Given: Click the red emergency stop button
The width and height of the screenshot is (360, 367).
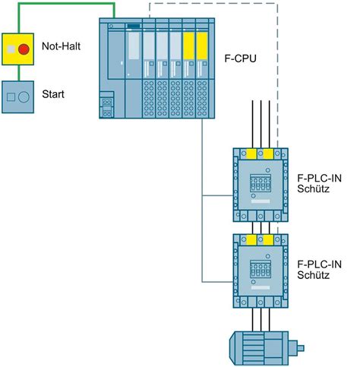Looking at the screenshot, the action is pyautogui.click(x=24, y=49).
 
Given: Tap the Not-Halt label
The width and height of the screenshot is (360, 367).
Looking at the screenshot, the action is pyautogui.click(x=61, y=46).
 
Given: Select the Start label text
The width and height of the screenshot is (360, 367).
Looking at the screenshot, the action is pyautogui.click(x=53, y=94).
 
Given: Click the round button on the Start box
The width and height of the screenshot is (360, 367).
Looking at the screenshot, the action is pyautogui.click(x=24, y=97).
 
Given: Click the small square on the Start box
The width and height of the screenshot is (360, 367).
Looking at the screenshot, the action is pyautogui.click(x=11, y=97).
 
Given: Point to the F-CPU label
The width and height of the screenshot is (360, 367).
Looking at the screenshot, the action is pyautogui.click(x=241, y=59).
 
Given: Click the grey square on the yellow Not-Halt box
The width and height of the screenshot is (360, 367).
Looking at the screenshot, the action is pyautogui.click(x=11, y=49).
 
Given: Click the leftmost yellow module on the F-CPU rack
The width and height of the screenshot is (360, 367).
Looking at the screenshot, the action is pyautogui.click(x=188, y=46).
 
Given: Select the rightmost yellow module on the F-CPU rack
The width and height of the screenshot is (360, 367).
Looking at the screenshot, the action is pyautogui.click(x=202, y=46).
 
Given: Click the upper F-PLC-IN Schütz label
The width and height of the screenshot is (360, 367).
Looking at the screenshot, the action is pyautogui.click(x=319, y=184).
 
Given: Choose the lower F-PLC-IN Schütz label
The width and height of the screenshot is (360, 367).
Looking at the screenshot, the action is pyautogui.click(x=319, y=270).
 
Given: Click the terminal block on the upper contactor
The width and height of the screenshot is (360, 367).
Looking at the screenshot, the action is pyautogui.click(x=261, y=183).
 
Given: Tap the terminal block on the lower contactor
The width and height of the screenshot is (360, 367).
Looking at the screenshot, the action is pyautogui.click(x=261, y=269).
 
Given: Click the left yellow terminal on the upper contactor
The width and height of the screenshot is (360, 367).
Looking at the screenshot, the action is pyautogui.click(x=251, y=153).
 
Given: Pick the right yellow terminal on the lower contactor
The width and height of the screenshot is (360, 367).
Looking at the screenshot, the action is pyautogui.click(x=268, y=239).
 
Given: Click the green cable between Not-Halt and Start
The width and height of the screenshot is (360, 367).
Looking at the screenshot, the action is pyautogui.click(x=18, y=73).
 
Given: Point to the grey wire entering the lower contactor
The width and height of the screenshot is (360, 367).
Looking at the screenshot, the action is pyautogui.click(x=217, y=282).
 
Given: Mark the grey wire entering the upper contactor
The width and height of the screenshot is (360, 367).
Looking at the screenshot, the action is pyautogui.click(x=217, y=195).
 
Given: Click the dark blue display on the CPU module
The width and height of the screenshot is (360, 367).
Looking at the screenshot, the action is pyautogui.click(x=134, y=26).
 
